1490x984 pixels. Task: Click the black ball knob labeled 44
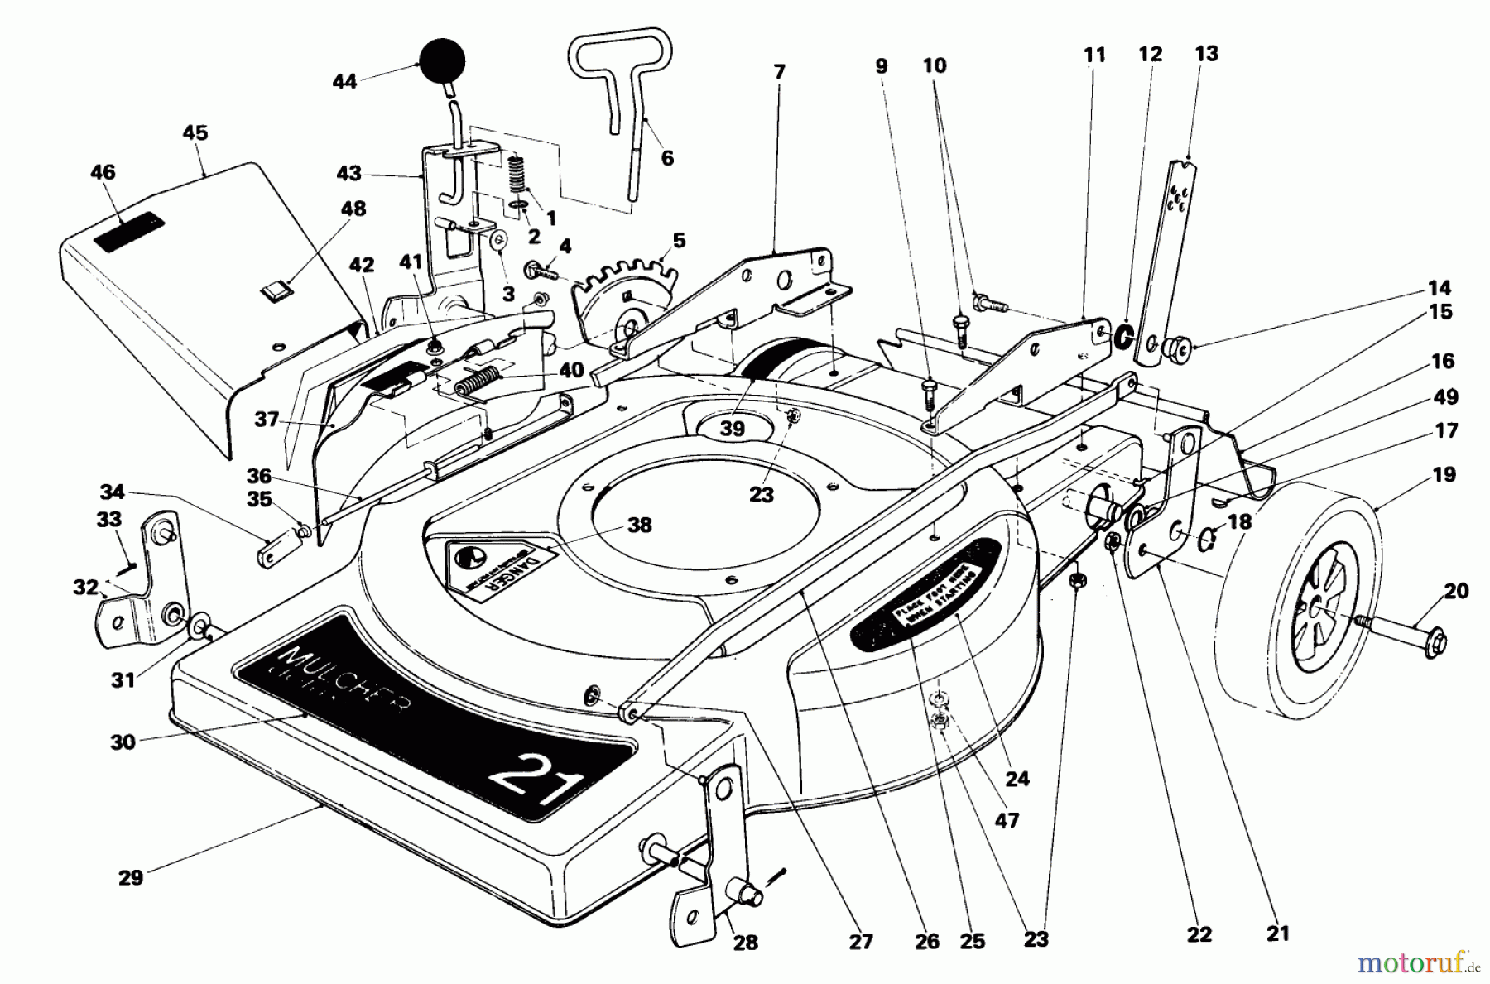(442, 60)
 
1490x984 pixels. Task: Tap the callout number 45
(195, 133)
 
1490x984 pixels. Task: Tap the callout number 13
(1207, 54)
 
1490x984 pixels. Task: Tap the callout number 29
(131, 877)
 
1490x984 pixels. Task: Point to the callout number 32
(85, 587)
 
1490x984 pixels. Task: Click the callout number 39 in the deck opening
(732, 428)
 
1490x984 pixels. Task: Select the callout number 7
(778, 72)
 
